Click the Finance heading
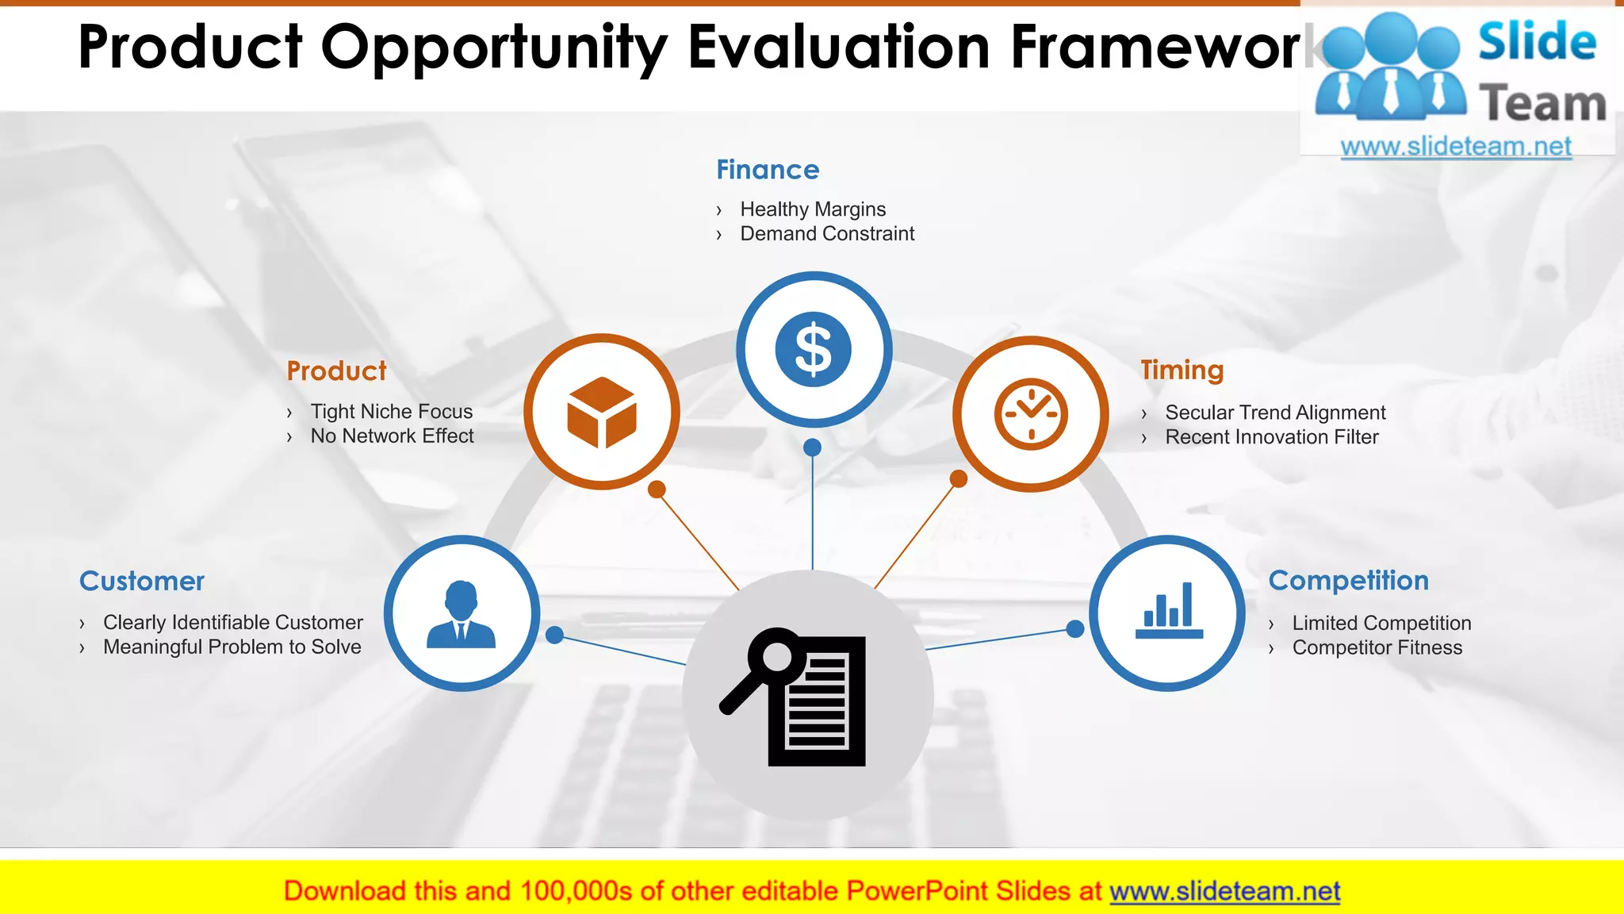coord(768,170)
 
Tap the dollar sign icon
coord(813,350)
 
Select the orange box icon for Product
coord(602,412)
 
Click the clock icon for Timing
coord(1031,414)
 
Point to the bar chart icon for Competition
coord(1169,612)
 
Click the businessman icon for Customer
coord(462,614)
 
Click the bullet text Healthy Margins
coord(812,209)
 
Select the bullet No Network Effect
coord(392,436)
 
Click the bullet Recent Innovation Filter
coord(1271,437)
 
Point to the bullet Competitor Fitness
coord(1377,648)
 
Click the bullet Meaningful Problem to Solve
coord(232,647)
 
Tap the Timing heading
coord(1182,371)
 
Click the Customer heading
coord(142,582)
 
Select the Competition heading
coord(1348,581)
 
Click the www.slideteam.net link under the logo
coord(1456,147)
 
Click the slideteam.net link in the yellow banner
coord(1224,892)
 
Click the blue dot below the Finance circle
coord(812,447)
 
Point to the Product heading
coord(336,371)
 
